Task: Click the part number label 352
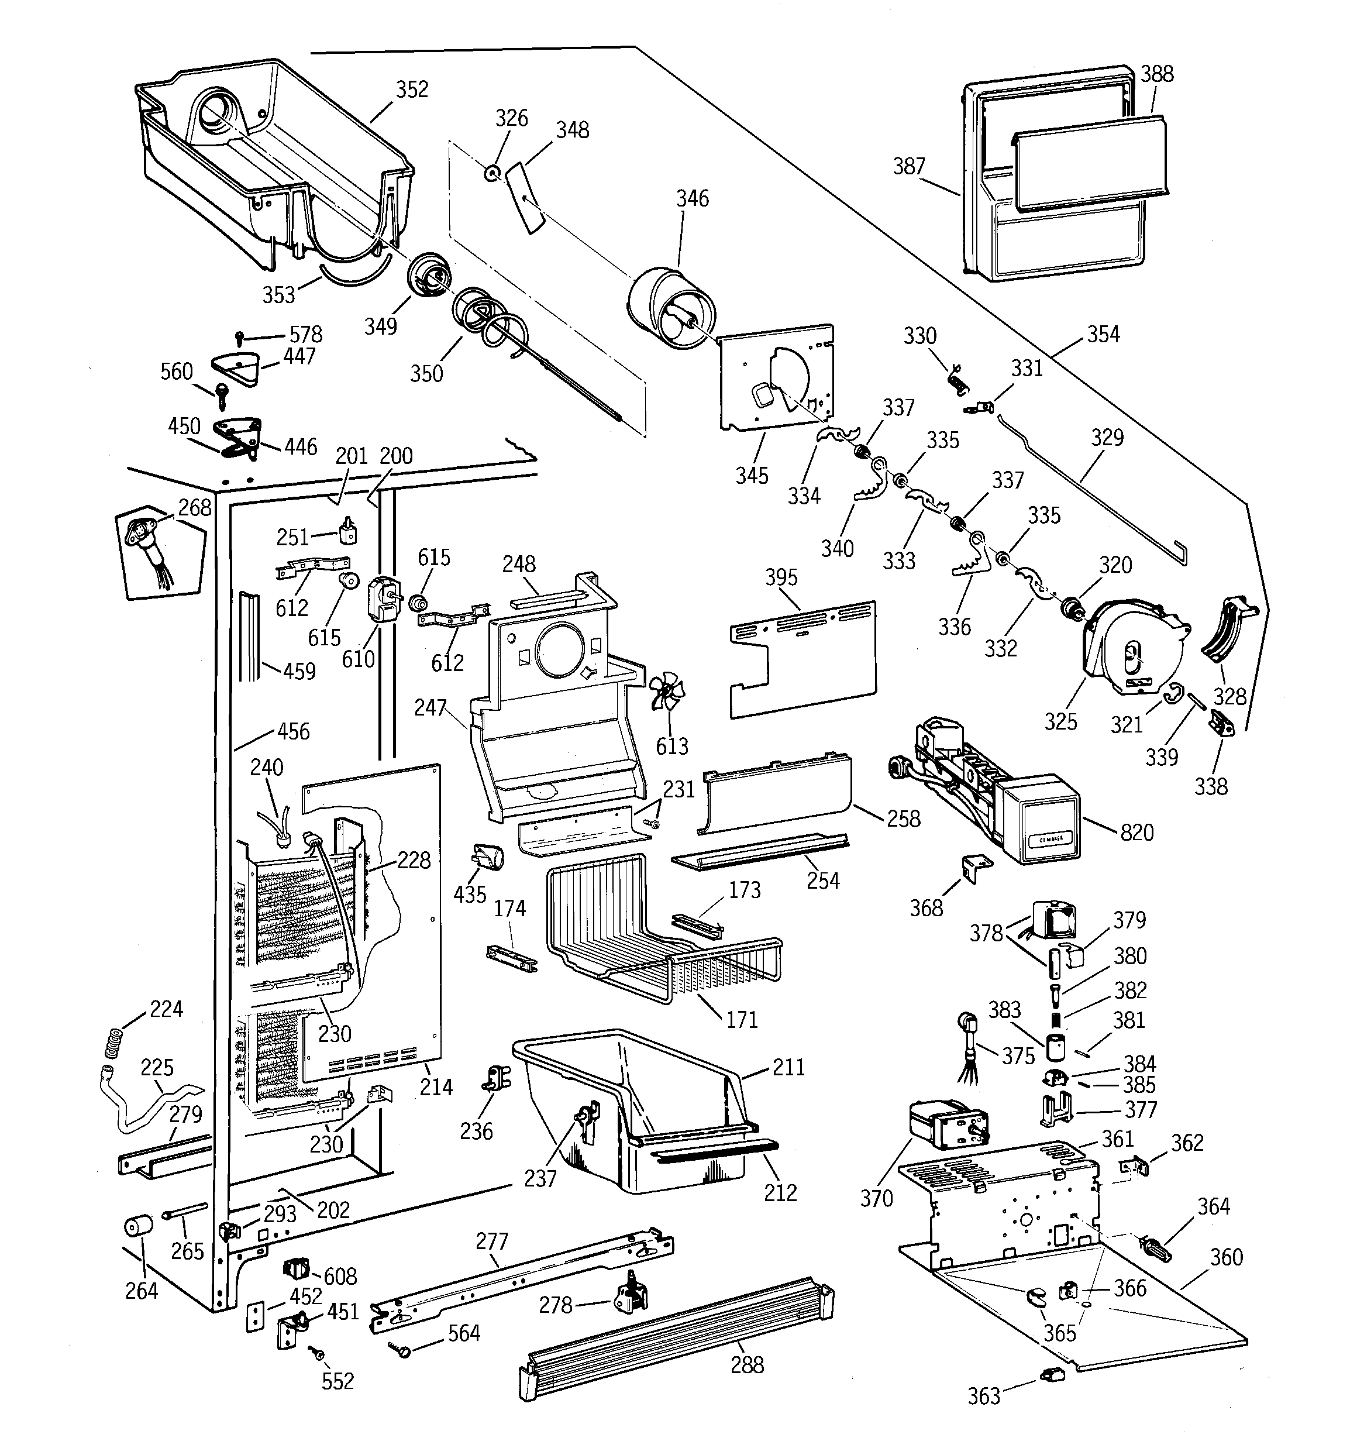click(412, 90)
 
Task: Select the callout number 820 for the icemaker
click(1136, 833)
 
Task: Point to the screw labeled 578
click(240, 336)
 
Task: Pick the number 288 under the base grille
click(748, 1364)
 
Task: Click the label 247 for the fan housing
click(430, 707)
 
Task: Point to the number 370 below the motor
click(876, 1198)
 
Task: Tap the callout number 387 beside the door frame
click(909, 167)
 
